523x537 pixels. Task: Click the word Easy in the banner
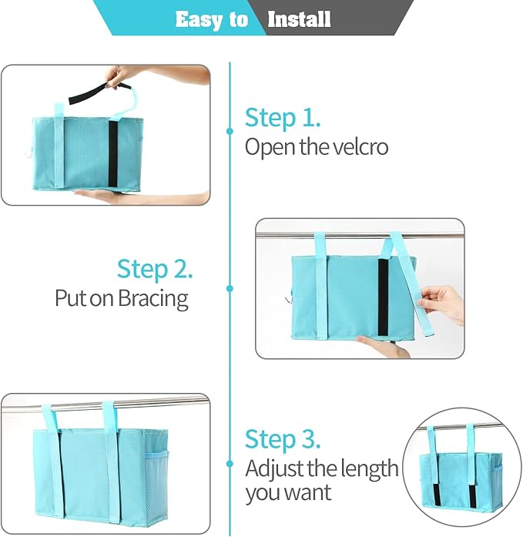click(x=197, y=18)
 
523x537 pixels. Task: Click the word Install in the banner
click(x=299, y=18)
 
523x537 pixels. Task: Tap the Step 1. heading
click(x=283, y=118)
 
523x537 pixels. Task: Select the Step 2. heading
click(x=155, y=270)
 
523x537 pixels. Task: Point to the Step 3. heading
click(x=283, y=439)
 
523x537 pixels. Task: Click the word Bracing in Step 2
click(x=153, y=299)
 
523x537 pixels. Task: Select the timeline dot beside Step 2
click(x=230, y=288)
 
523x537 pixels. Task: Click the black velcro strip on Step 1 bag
click(x=112, y=154)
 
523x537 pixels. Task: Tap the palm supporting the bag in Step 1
click(x=108, y=196)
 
